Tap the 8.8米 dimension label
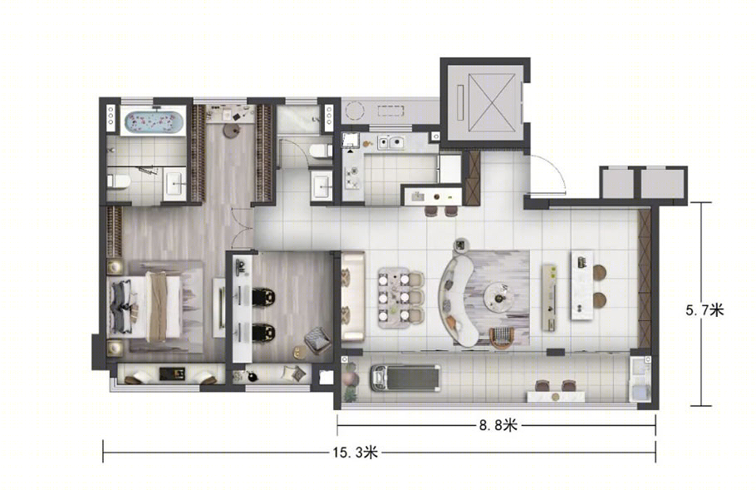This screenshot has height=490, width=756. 498,425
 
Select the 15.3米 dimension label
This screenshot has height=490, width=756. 356,453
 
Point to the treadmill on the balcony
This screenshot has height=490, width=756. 405,377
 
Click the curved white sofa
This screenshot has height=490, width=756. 459,299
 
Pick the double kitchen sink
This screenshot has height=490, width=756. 391,143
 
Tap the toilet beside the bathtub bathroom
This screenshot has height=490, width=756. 119,181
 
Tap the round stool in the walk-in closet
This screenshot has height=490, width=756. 232,131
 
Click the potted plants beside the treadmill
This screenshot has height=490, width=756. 351,382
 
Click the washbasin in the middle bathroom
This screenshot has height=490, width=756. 321,186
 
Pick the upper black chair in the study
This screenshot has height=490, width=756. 263,296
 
